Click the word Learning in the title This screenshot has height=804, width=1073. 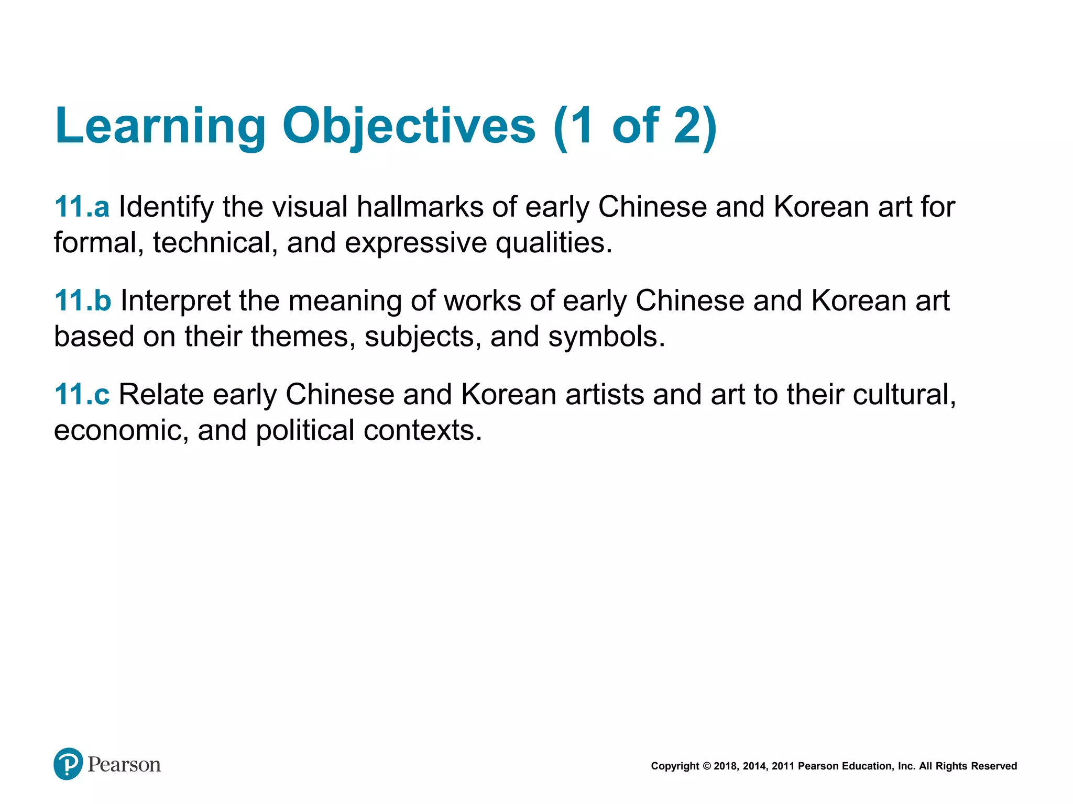tap(160, 126)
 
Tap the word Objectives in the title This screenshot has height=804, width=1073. tap(409, 126)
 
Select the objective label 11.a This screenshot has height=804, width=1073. tap(82, 207)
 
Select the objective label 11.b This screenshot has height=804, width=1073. tap(83, 300)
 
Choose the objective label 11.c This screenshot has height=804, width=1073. tap(82, 394)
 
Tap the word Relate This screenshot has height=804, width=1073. tap(161, 394)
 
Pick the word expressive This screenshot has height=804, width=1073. tap(415, 243)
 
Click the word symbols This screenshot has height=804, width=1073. tap(606, 337)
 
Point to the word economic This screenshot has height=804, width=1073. tap(121, 431)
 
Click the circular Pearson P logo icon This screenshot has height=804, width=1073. tap(68, 764)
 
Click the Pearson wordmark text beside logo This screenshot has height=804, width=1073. tap(124, 765)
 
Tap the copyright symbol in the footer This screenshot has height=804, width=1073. tap(706, 766)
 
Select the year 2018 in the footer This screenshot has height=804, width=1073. tap(725, 766)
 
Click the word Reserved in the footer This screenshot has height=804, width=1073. tap(994, 766)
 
